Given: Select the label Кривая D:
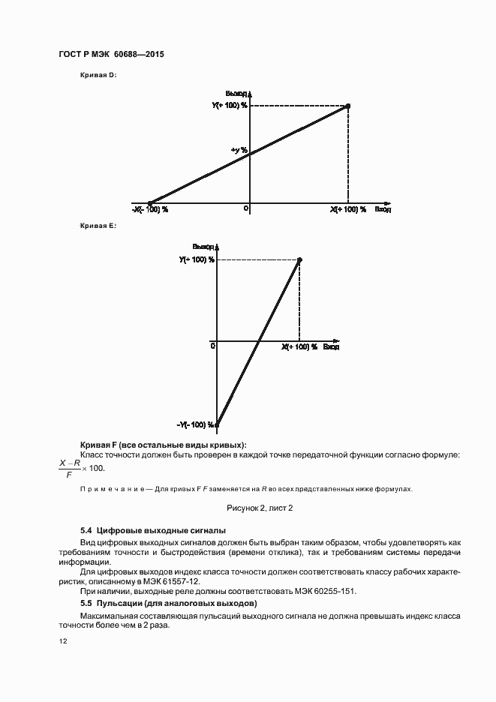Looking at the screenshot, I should [98, 76].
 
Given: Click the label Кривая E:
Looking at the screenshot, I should [98, 225].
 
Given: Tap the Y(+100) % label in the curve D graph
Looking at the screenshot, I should [229, 106].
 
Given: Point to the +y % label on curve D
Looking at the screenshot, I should [239, 151].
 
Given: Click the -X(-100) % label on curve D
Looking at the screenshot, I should [150, 209].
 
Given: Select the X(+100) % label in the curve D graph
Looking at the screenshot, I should [347, 209].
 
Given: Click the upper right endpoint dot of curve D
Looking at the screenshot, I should [347, 106].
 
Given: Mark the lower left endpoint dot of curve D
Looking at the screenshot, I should [150, 202].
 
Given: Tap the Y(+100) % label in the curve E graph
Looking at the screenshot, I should [197, 259].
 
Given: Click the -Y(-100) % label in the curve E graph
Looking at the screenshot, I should [197, 424].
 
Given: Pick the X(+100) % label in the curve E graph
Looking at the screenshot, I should [299, 347].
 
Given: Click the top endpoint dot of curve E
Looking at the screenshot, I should [299, 259].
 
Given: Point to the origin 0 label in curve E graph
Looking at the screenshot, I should [213, 346].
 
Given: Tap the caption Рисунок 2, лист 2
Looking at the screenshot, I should [260, 508].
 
